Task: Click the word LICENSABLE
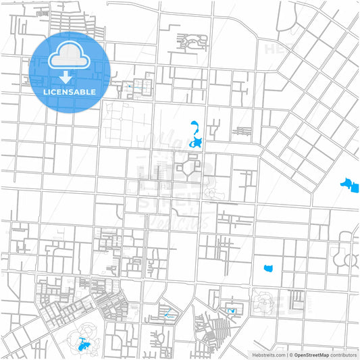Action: coord(70,91)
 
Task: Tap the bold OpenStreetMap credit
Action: coord(311,355)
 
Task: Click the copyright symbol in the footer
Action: coord(290,355)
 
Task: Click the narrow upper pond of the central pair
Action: coord(194,126)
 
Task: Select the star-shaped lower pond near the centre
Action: coord(197,143)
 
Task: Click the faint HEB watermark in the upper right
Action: coord(277,49)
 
